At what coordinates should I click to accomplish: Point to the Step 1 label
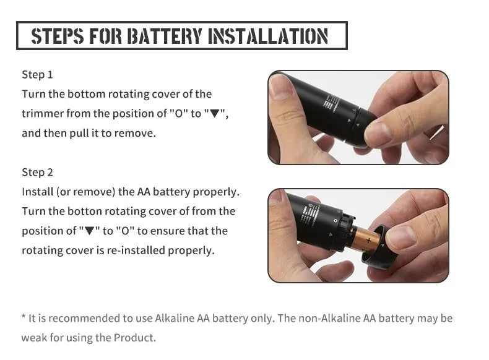(x=37, y=75)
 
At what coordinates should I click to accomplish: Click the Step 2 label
(x=37, y=172)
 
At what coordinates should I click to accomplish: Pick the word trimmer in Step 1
(x=41, y=114)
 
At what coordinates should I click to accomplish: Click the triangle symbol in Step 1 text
(x=215, y=114)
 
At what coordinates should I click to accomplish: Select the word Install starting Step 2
(x=38, y=192)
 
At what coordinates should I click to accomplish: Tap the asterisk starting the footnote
(x=24, y=318)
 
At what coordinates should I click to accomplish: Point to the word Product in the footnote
(x=136, y=338)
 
